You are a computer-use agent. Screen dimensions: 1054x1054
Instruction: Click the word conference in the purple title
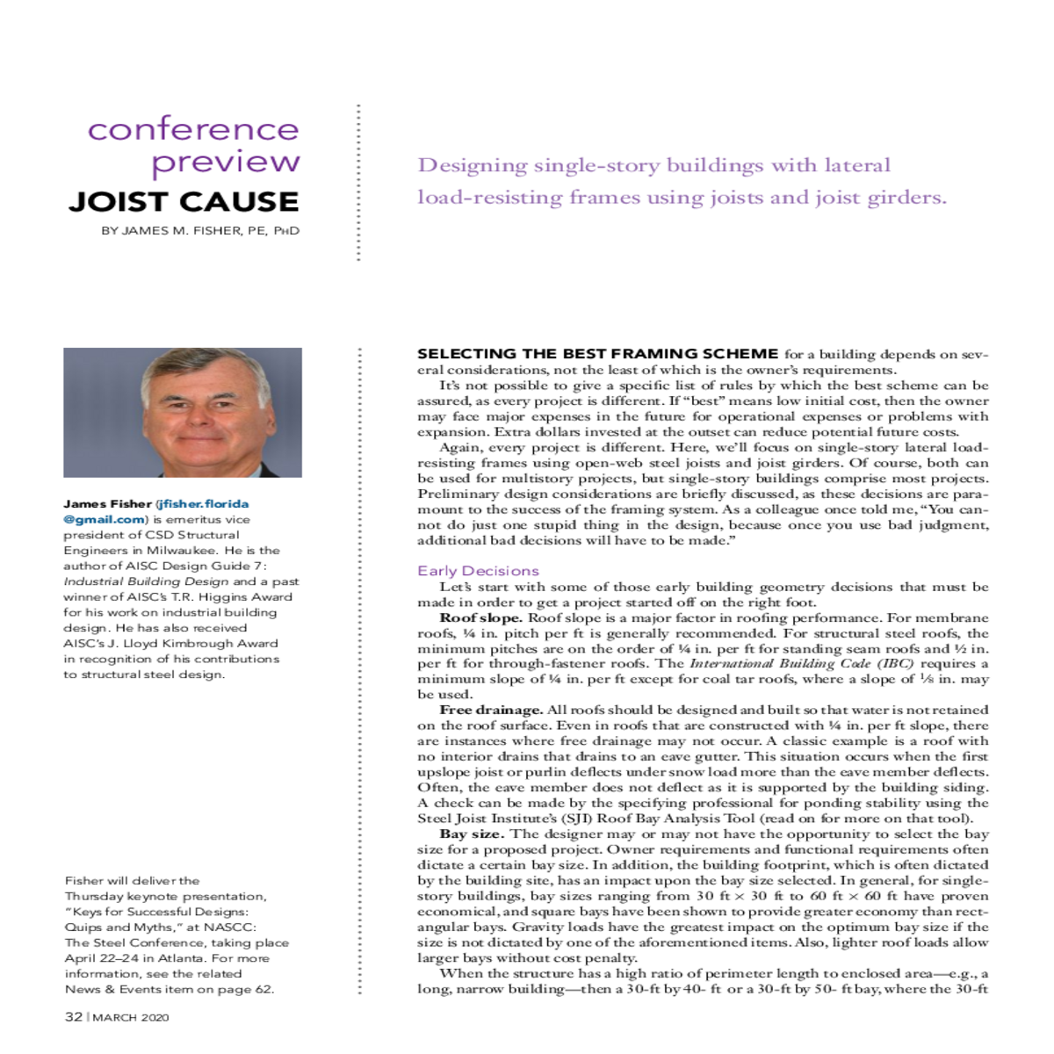tap(193, 130)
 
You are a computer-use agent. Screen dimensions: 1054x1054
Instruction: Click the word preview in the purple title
tap(226, 163)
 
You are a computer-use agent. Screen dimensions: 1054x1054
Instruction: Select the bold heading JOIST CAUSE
tap(184, 202)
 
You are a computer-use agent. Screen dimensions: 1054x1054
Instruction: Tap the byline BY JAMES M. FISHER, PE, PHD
tap(200, 231)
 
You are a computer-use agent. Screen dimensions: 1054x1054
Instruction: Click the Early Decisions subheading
tap(478, 571)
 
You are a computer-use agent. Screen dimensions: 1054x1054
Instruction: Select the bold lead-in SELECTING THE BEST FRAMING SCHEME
tap(597, 354)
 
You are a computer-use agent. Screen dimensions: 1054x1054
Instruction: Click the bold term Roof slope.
tap(480, 617)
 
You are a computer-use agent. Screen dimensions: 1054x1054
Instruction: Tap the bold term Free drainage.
tap(491, 710)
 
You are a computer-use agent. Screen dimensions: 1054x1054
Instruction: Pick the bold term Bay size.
tap(472, 834)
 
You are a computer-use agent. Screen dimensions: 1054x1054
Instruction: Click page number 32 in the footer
tap(74, 1017)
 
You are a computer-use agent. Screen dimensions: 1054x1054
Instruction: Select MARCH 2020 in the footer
tap(131, 1018)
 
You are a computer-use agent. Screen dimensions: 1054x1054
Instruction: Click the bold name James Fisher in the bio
tap(107, 504)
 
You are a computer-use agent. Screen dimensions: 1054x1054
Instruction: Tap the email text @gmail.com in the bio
tap(102, 519)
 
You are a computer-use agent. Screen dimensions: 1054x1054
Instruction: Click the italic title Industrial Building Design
tap(146, 581)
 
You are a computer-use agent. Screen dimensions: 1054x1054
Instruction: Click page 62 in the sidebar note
tap(249, 989)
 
